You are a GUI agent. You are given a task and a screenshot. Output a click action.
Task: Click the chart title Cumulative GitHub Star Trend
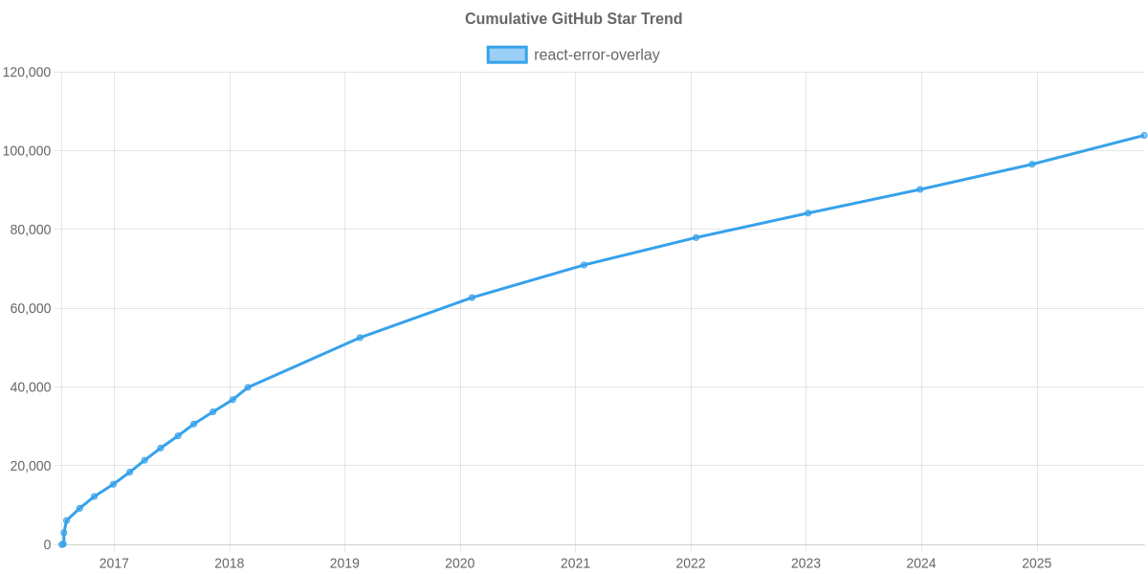[573, 19]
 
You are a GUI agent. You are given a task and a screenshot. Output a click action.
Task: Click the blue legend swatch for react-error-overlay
[506, 55]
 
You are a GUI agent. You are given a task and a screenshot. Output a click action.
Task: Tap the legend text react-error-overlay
[596, 55]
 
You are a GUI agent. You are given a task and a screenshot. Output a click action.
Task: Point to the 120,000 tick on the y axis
[27, 73]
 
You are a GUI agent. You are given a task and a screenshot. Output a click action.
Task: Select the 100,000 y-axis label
[27, 151]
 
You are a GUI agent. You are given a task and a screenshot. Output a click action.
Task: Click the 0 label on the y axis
[47, 545]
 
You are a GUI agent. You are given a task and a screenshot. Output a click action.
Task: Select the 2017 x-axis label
[114, 563]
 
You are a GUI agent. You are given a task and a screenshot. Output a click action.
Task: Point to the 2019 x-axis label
[344, 563]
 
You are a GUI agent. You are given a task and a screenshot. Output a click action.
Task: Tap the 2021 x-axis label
[575, 563]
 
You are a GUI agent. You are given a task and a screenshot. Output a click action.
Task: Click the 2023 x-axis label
[806, 563]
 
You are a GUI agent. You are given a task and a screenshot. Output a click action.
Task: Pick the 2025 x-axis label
[1037, 563]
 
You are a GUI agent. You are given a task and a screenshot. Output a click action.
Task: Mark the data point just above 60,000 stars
[472, 298]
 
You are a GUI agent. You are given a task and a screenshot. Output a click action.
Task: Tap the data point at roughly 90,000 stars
[920, 189]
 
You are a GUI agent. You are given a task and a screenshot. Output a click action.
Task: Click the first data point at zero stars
[62, 544]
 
